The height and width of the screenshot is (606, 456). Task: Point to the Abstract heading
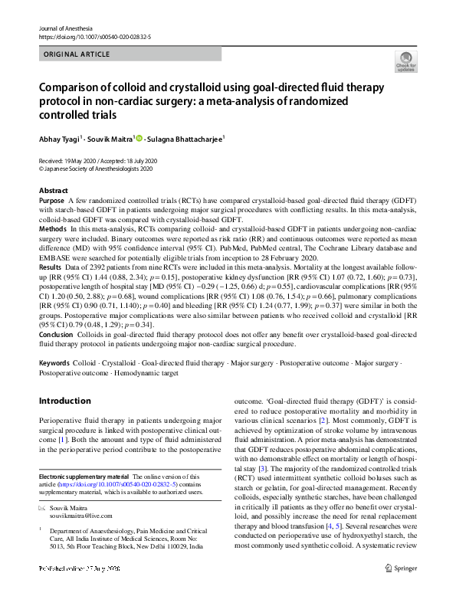tap(53, 189)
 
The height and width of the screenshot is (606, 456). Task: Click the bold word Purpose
tap(52, 199)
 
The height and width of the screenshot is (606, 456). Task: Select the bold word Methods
tap(53, 228)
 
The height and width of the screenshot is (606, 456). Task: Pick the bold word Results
tap(51, 267)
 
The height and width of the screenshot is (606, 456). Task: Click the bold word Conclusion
tap(57, 334)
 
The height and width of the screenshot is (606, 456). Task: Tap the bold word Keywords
tap(55, 362)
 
